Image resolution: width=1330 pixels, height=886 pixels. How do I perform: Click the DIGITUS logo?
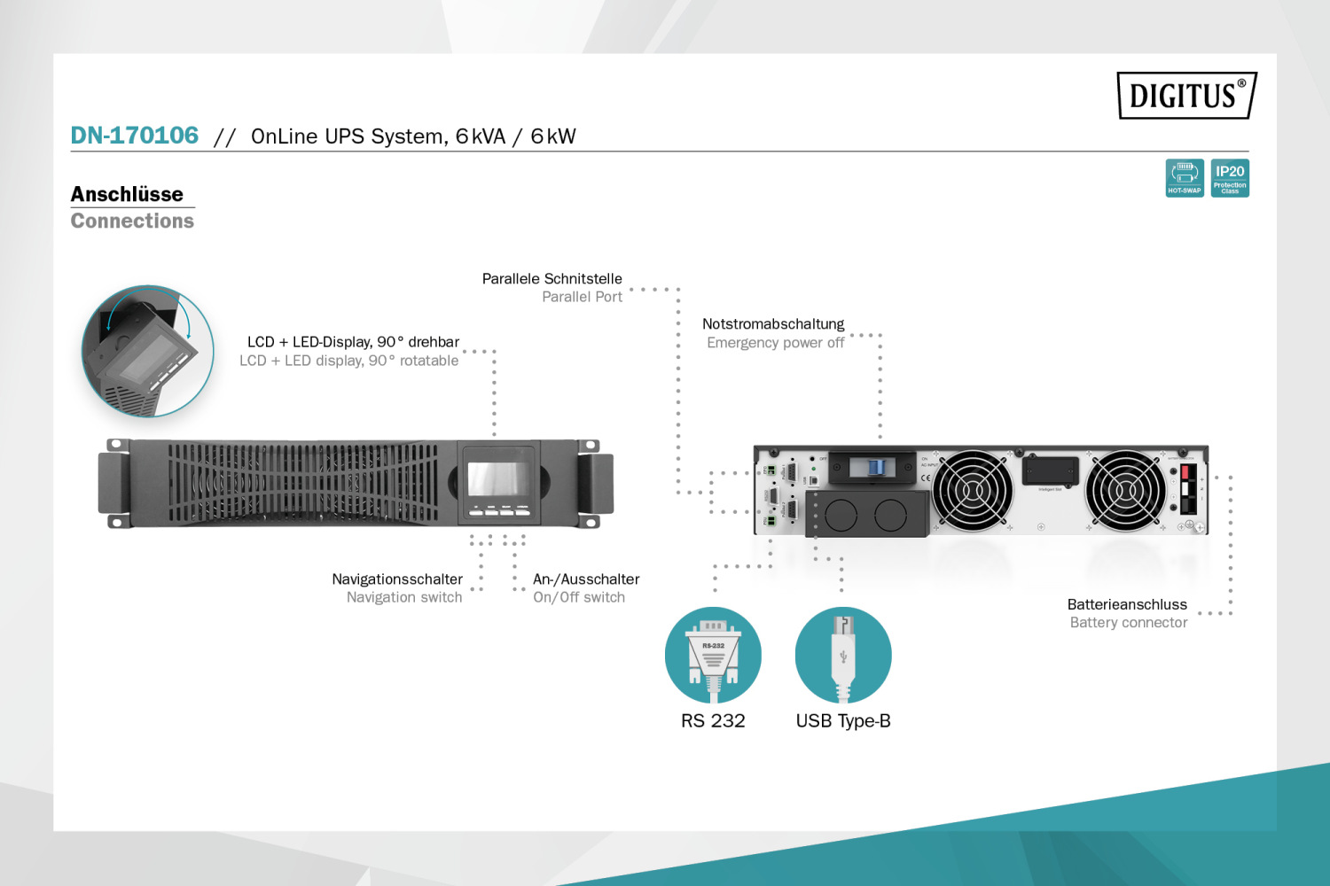pos(1185,95)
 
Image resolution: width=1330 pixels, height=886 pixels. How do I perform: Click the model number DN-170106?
pos(135,136)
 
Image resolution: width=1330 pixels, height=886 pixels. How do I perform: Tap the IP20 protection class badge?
pos(1230,178)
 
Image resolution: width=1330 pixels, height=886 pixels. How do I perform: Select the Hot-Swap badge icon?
pos(1185,178)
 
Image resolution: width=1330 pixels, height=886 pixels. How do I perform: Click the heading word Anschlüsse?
pos(127,194)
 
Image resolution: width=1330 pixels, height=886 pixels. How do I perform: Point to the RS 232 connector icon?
pos(713,656)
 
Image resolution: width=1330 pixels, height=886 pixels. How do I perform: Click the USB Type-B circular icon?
pos(843,656)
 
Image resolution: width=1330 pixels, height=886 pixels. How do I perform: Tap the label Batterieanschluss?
pos(1127,604)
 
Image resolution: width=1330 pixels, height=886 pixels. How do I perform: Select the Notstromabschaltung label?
pos(773,324)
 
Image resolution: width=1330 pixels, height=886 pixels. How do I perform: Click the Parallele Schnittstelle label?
pos(552,278)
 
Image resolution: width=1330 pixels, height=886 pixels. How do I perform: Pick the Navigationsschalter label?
pos(397,579)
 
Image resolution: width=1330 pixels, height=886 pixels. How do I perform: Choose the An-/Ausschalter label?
pos(586,579)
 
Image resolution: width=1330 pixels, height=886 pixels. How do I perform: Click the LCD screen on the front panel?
pos(498,478)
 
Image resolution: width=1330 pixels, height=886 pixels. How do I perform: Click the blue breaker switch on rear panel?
pos(875,467)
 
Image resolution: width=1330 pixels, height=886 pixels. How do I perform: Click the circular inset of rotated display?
pos(148,351)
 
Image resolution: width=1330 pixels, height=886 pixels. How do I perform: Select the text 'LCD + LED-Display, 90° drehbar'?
pos(353,342)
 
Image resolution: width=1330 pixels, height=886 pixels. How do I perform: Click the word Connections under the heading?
pos(132,221)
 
